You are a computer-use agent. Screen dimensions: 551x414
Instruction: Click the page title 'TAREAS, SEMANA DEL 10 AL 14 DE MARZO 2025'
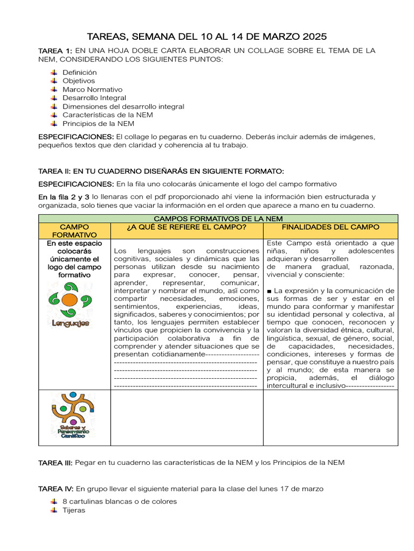(207, 37)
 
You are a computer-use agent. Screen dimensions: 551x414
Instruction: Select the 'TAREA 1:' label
(54, 51)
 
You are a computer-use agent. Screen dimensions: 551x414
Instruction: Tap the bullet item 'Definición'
(79, 72)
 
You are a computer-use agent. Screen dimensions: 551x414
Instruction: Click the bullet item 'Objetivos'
(78, 81)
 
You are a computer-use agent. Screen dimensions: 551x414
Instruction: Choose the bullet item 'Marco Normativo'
(92, 89)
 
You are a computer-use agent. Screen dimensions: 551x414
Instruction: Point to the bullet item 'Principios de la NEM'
(98, 124)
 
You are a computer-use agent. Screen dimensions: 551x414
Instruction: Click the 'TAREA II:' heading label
(55, 171)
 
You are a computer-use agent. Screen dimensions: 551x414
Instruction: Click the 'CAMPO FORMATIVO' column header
(74, 231)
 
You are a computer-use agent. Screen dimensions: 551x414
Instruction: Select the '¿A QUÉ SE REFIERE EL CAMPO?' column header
(186, 228)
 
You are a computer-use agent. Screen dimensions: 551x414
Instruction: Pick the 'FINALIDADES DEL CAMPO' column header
(330, 228)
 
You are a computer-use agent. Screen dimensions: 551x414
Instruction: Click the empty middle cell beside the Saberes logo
(186, 418)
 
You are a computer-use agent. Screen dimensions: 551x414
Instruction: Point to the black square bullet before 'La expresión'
(269, 291)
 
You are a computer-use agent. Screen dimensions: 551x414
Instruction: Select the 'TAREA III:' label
(56, 462)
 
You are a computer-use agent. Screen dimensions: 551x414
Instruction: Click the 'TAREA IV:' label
(56, 489)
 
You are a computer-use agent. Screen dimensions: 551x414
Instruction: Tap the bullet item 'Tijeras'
(73, 510)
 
